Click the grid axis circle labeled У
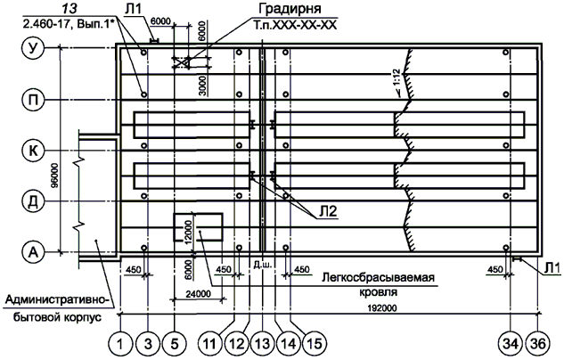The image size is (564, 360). (x=34, y=51)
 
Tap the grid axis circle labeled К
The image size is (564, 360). (x=34, y=151)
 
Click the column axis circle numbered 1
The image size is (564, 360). (x=120, y=342)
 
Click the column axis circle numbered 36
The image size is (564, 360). (x=539, y=342)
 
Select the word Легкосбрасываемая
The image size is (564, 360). (x=379, y=278)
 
